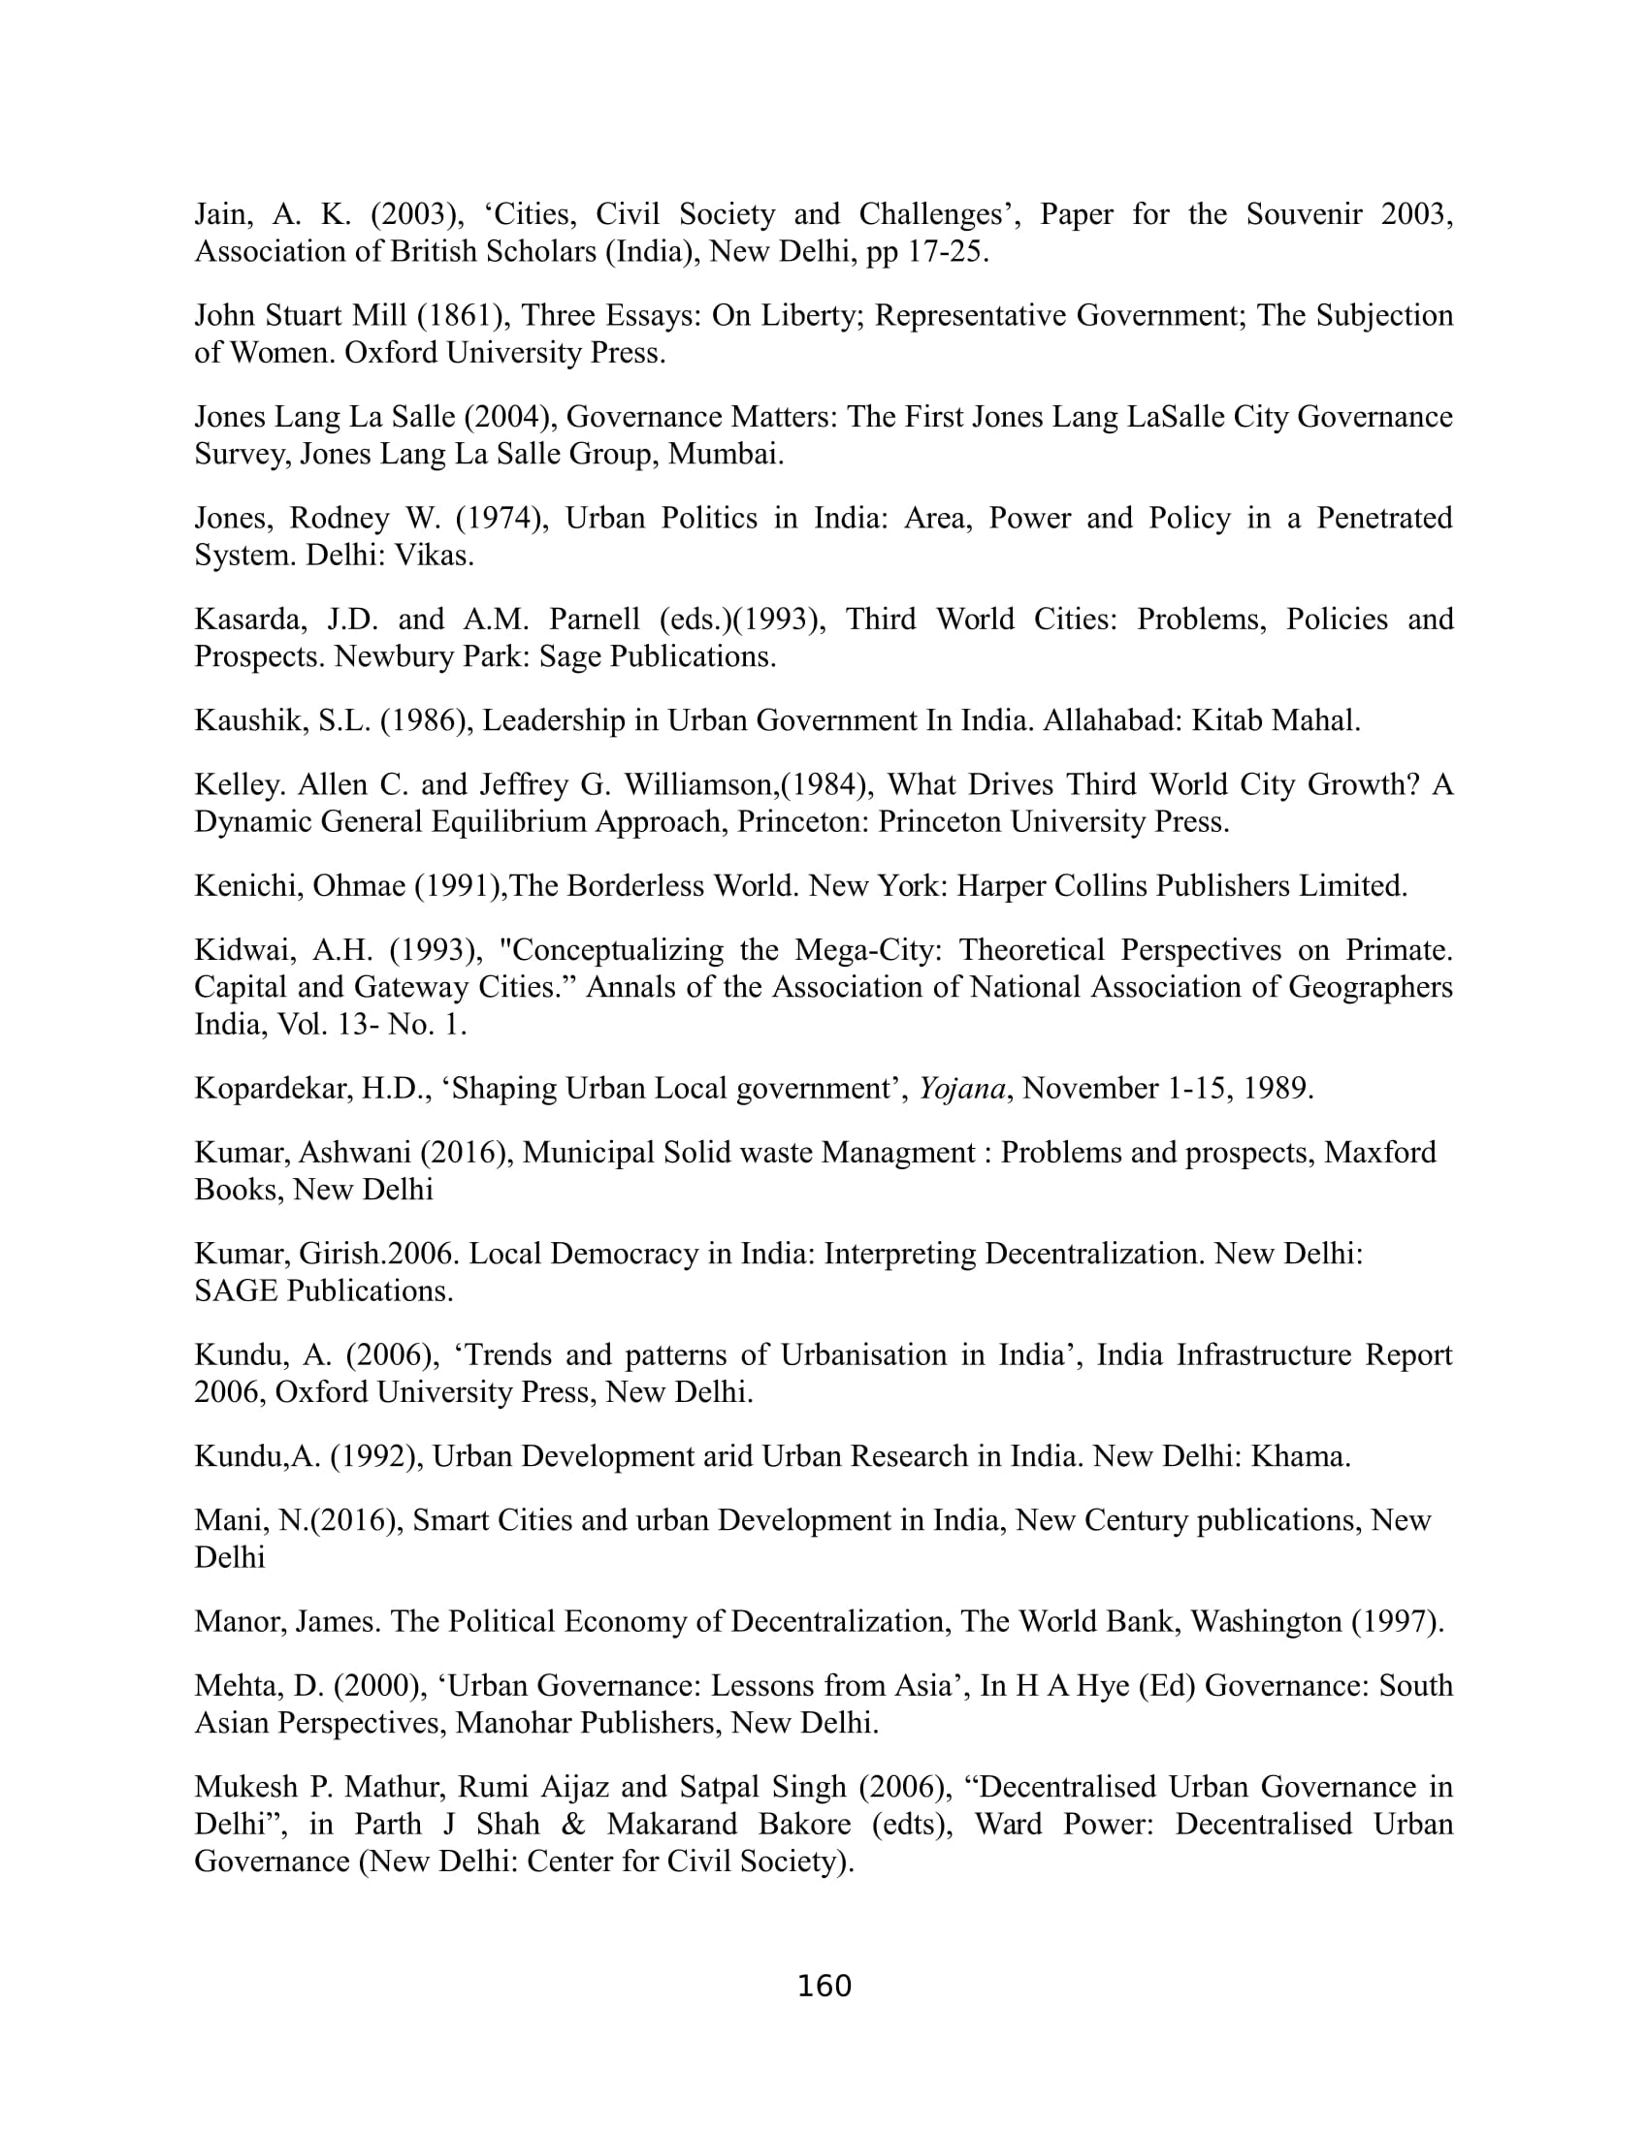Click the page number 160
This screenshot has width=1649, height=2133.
[824, 1986]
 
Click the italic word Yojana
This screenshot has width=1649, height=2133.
[961, 1088]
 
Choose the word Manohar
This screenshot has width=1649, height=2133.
[514, 1723]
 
